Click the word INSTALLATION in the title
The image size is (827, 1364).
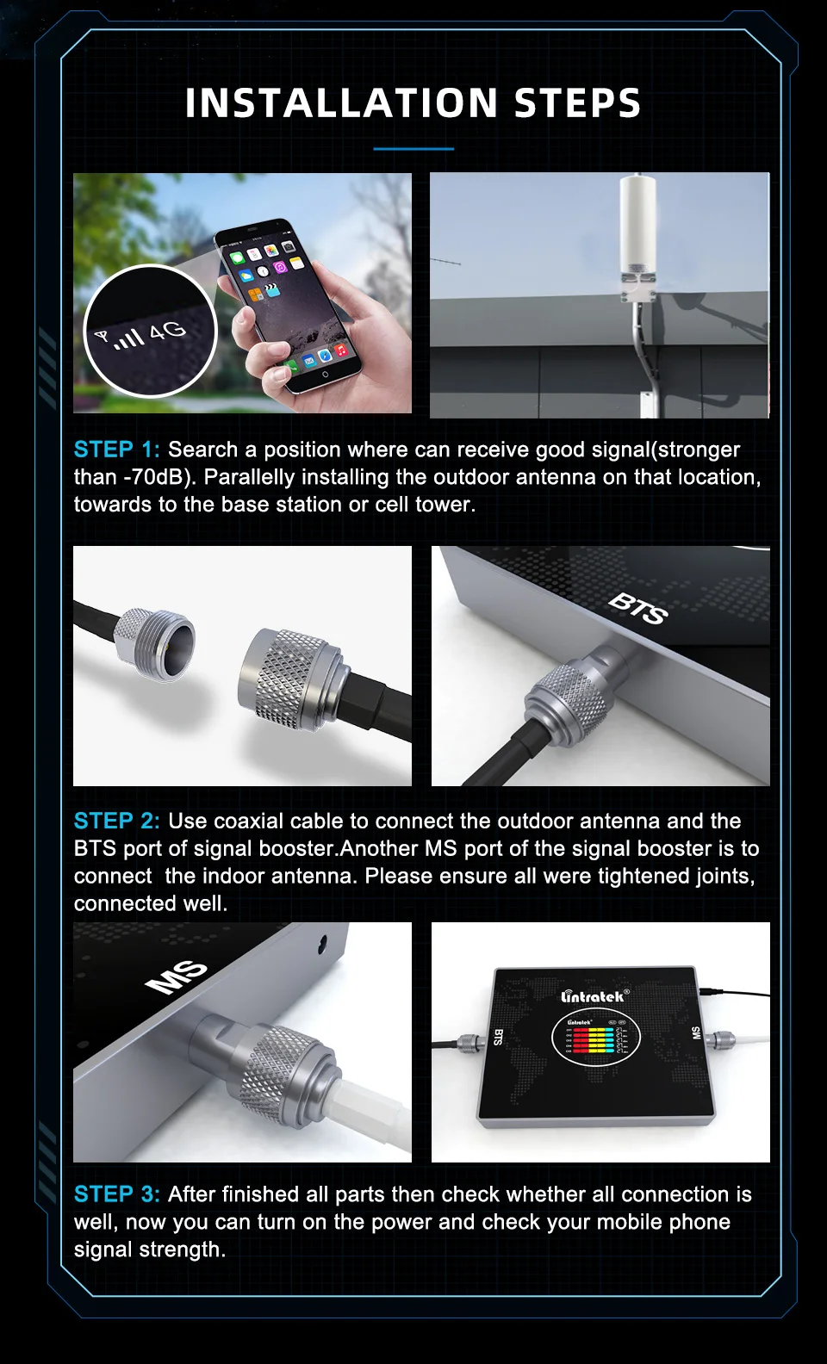click(x=342, y=102)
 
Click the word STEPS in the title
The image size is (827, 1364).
click(x=577, y=102)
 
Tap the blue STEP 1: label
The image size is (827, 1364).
click(x=116, y=449)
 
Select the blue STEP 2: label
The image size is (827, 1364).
click(x=116, y=821)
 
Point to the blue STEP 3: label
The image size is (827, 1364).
click(x=116, y=1194)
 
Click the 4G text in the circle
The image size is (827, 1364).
click(x=167, y=330)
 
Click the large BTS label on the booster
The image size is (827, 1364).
click(x=638, y=609)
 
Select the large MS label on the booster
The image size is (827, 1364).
click(x=177, y=977)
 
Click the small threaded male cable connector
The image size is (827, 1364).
click(x=155, y=642)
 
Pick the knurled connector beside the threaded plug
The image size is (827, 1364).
click(x=289, y=678)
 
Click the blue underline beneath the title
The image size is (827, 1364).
click(x=413, y=149)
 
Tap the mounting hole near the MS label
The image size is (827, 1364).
click(x=321, y=942)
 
